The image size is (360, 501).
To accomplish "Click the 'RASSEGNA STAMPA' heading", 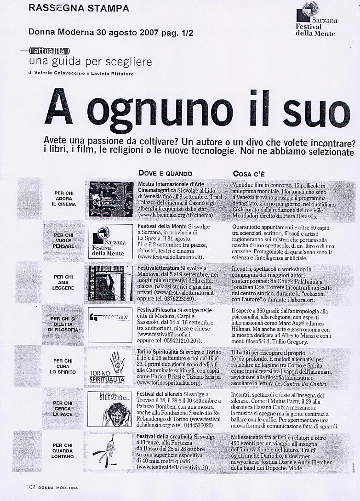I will [79, 8].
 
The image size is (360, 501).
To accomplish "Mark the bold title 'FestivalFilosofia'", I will [160, 311].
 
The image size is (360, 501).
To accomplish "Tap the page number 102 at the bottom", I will [30, 488].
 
